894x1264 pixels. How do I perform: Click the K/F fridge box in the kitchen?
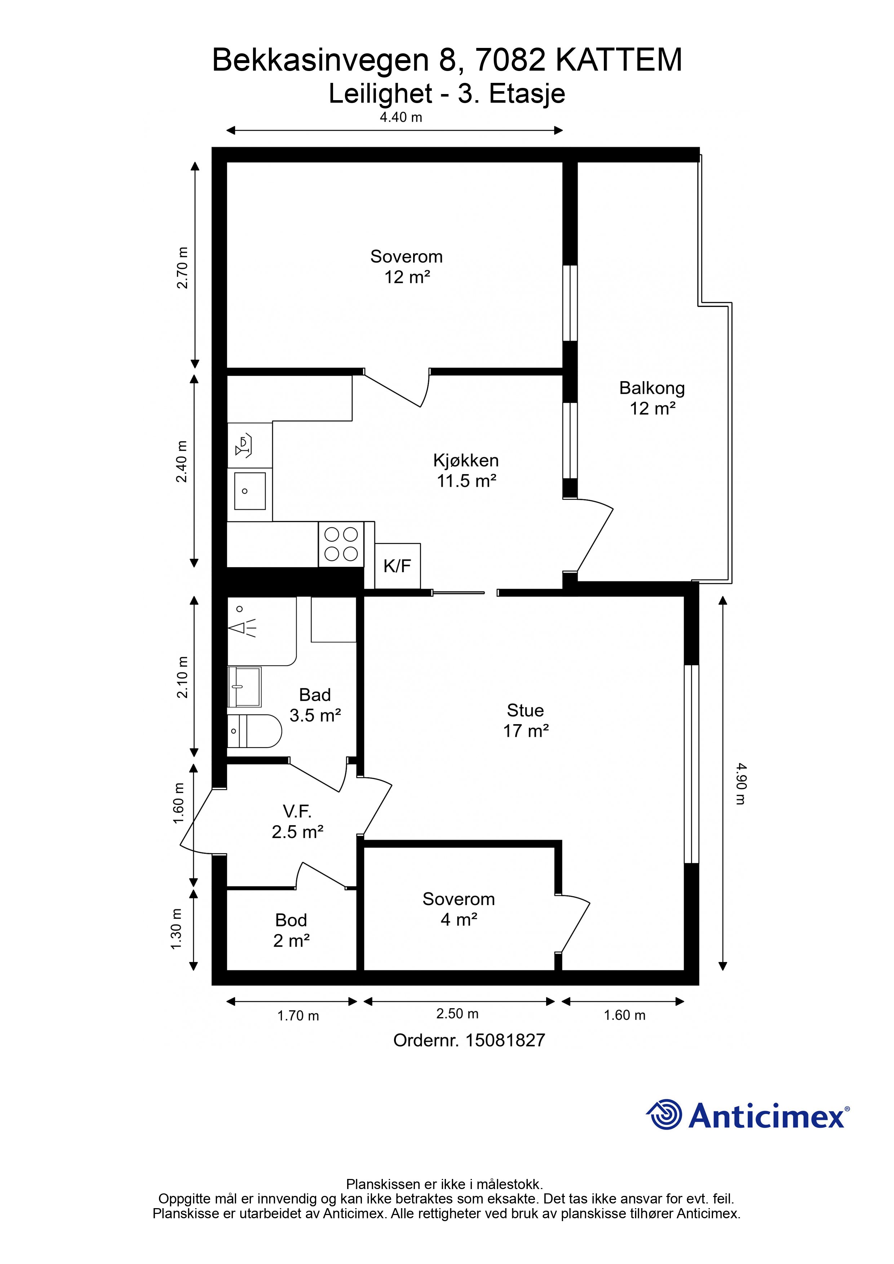(x=398, y=566)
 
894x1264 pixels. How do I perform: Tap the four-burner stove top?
(x=341, y=544)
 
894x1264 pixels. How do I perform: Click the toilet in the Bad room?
(x=255, y=731)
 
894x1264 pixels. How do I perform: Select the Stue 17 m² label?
(x=526, y=720)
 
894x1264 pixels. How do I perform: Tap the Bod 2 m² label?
(x=291, y=930)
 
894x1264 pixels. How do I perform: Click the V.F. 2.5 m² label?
(x=297, y=822)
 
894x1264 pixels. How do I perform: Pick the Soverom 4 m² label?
(x=459, y=909)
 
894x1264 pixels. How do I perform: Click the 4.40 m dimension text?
(x=401, y=117)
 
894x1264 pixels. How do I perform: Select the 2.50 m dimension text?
(x=457, y=1014)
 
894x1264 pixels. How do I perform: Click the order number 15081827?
(x=505, y=1041)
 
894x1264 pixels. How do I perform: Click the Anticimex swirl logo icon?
(x=664, y=1114)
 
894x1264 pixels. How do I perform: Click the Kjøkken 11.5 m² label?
(x=466, y=471)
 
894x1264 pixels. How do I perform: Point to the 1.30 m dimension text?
(x=176, y=929)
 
